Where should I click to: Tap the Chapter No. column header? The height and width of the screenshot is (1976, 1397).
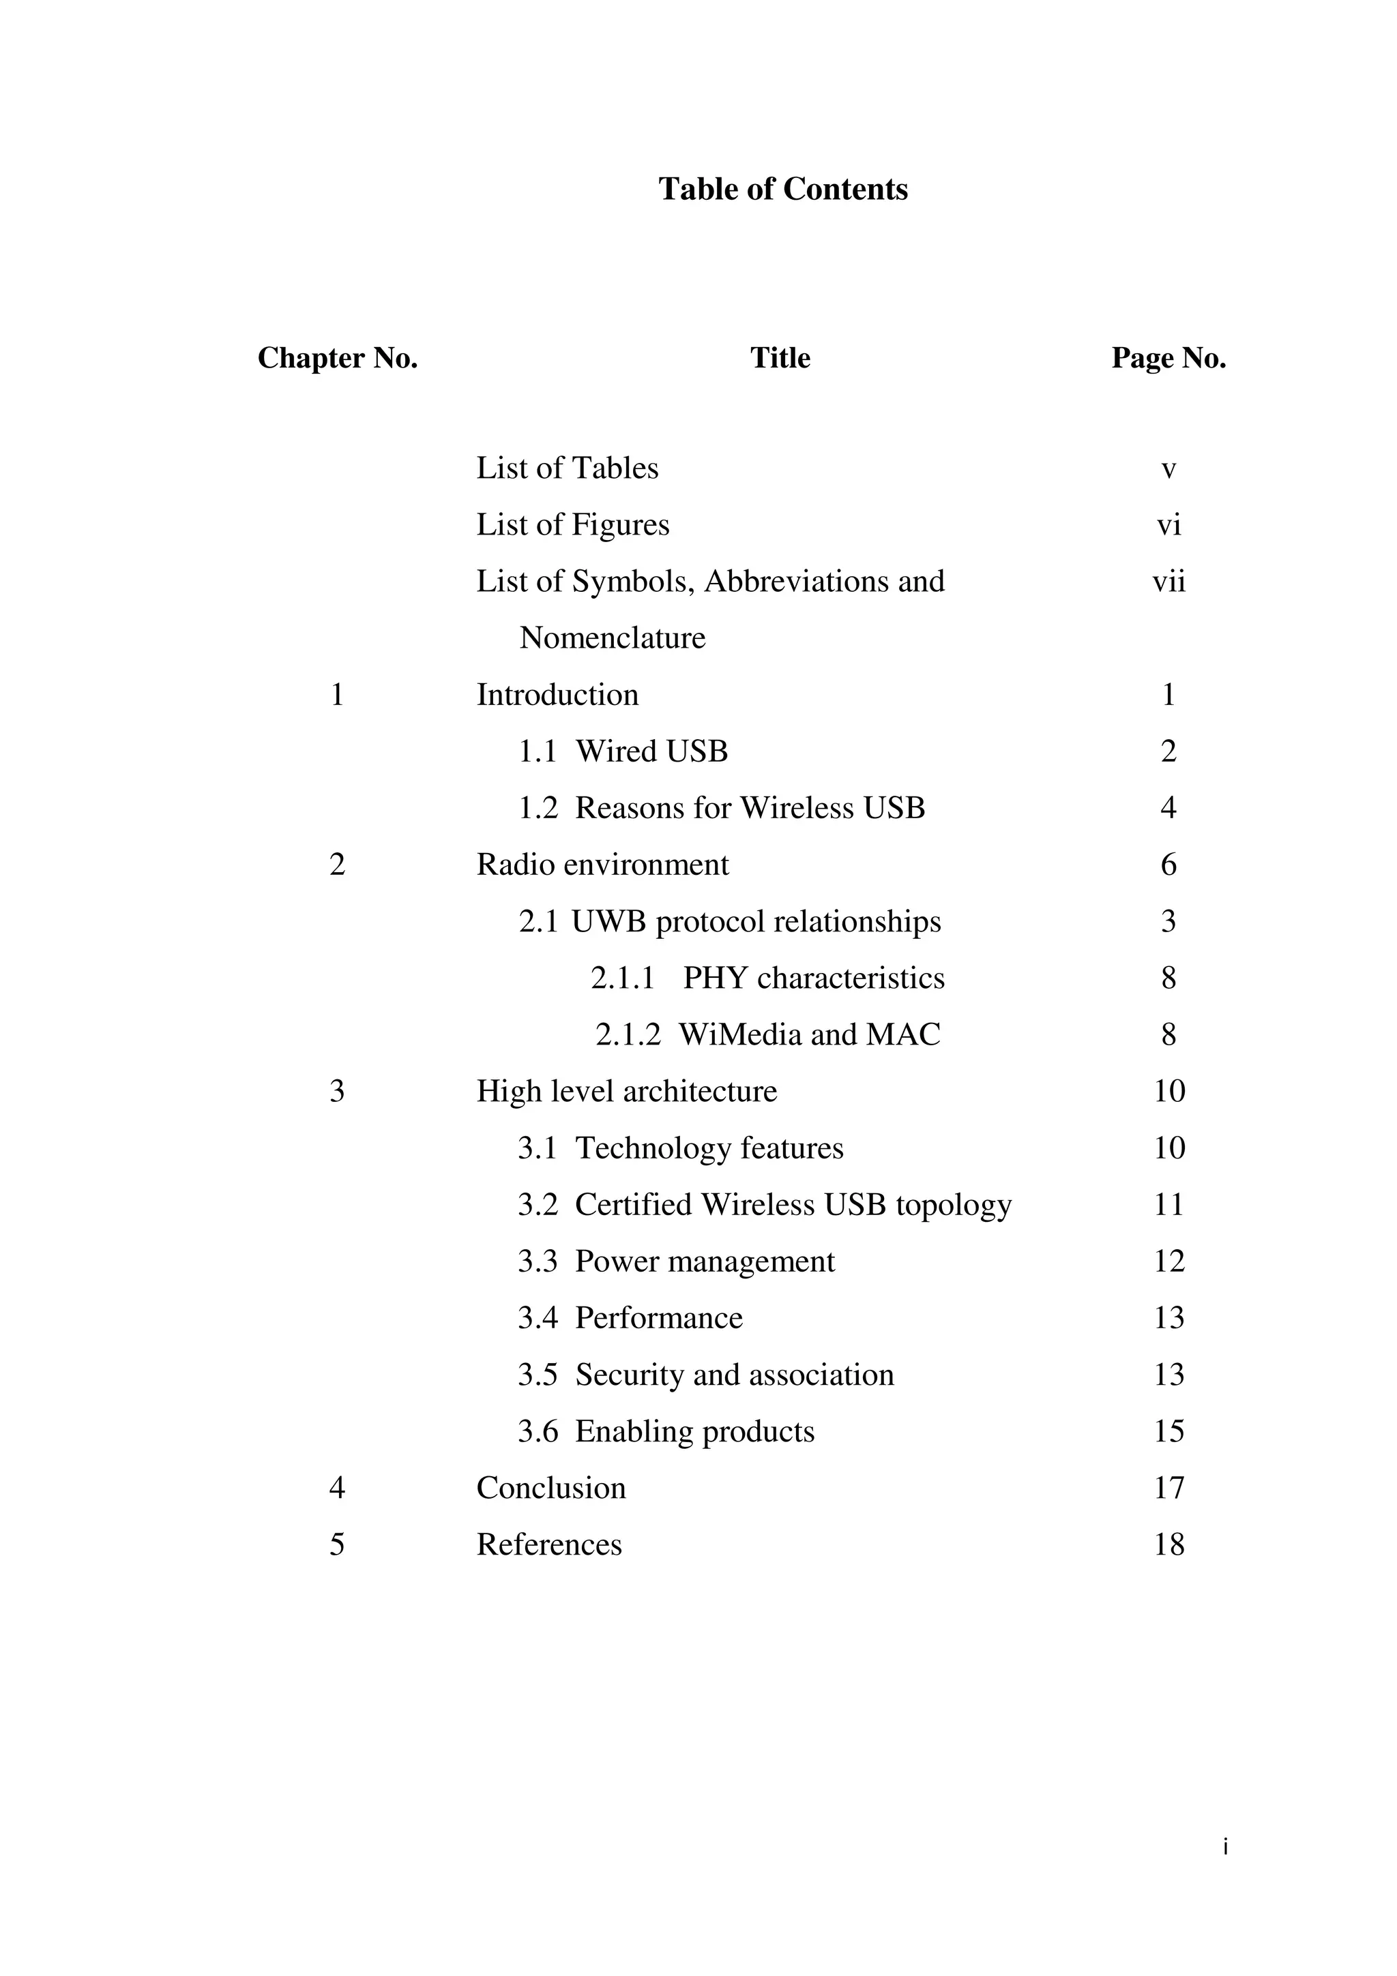pos(338,358)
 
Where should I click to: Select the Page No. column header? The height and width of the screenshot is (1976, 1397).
pos(1168,358)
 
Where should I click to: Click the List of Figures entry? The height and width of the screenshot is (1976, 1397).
pos(572,525)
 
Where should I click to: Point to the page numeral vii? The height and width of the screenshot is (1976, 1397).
pos(1168,582)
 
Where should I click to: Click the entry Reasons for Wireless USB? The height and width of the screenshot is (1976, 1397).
pos(750,808)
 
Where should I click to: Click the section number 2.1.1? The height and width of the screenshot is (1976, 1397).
pos(622,978)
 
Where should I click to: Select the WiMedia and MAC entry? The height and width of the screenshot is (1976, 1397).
pos(809,1034)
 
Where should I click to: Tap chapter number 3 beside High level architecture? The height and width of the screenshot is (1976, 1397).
pos(336,1091)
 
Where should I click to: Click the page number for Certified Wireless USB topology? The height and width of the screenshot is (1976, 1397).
pos(1168,1205)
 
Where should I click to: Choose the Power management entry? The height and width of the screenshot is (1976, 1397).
pos(704,1261)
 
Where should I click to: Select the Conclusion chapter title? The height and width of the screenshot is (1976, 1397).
pos(551,1488)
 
